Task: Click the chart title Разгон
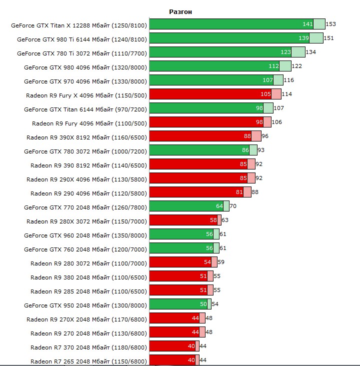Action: tap(180, 11)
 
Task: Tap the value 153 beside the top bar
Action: tap(330, 24)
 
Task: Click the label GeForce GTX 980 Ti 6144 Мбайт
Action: tap(82, 38)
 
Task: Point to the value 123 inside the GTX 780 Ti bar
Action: tap(285, 52)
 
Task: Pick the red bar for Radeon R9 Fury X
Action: tap(210, 94)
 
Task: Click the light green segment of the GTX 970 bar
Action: tap(278, 80)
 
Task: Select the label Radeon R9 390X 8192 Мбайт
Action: tap(87, 136)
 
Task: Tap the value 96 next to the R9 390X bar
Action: tap(265, 136)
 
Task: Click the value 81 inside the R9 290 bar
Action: tap(238, 192)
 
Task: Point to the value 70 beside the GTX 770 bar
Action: tap(233, 206)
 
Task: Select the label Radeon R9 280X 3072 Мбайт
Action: tap(87, 220)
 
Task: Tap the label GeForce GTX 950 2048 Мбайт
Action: tap(85, 304)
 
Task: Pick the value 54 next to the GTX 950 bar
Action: tap(215, 304)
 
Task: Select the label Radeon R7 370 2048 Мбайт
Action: tap(89, 346)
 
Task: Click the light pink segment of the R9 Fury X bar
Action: tap(276, 94)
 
